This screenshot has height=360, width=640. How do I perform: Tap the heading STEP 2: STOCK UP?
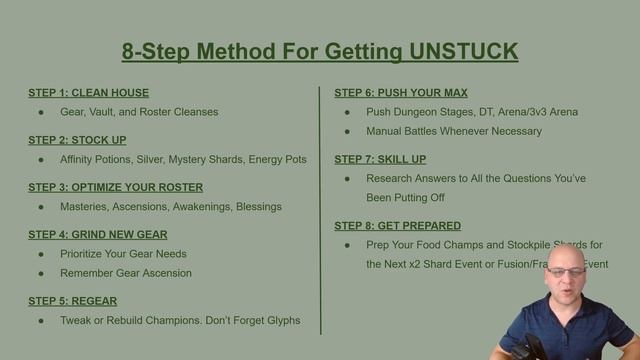(77, 140)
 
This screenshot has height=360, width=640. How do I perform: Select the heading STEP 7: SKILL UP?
(381, 159)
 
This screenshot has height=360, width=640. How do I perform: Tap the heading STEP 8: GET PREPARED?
(398, 226)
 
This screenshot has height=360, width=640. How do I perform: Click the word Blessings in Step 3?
(254, 206)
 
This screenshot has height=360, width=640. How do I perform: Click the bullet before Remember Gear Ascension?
(41, 272)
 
